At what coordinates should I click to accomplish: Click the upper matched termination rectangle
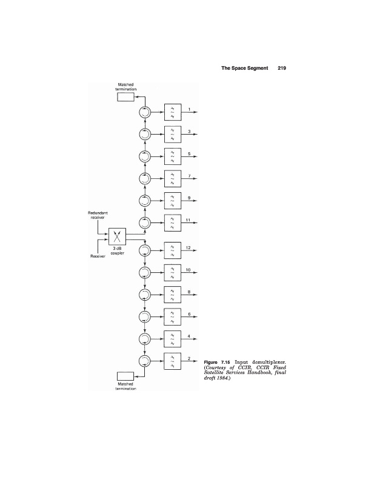tap(125, 98)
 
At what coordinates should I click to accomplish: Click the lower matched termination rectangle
tap(125, 376)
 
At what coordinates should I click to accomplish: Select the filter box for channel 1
tap(172, 113)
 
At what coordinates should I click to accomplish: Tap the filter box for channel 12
tap(172, 251)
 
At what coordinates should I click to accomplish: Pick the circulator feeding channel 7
tap(145, 179)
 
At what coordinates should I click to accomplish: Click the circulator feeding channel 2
tap(145, 361)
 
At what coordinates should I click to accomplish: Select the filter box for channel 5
tap(172, 157)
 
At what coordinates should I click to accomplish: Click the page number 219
tap(281, 68)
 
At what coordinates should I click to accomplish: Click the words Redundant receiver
tap(98, 215)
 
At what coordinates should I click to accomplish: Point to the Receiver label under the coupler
tap(98, 257)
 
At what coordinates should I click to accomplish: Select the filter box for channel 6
tap(172, 317)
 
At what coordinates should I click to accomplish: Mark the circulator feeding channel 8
tap(145, 295)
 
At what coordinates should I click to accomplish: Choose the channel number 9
tap(189, 198)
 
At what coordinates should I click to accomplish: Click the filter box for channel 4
tap(172, 339)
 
